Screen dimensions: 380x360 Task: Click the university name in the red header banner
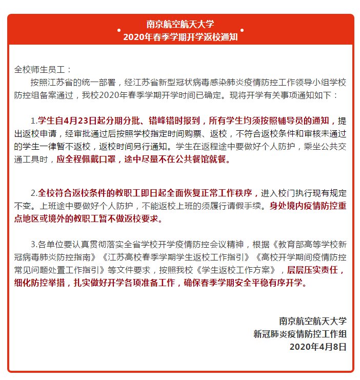(x=179, y=24)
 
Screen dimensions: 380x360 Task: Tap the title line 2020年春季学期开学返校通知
(x=179, y=37)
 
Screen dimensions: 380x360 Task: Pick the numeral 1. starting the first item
(x=33, y=122)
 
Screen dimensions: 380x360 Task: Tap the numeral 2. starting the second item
(x=33, y=193)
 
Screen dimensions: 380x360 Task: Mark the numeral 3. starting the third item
(x=33, y=244)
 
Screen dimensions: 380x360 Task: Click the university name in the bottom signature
(x=313, y=321)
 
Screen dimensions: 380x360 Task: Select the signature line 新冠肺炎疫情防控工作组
(x=300, y=334)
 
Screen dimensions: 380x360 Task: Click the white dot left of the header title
(x=119, y=30)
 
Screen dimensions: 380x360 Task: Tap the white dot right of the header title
(x=242, y=30)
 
